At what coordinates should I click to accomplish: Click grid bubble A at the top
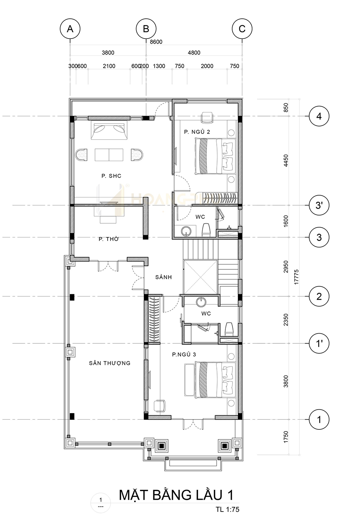70,29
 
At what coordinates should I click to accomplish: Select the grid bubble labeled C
242,29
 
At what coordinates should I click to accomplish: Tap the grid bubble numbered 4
319,116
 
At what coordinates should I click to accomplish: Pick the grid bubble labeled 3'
319,205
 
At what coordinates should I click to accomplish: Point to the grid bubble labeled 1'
319,343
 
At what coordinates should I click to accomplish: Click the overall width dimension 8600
156,42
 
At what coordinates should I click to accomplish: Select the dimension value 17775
296,277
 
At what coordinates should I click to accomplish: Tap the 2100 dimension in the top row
109,66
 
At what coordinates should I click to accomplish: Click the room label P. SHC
111,176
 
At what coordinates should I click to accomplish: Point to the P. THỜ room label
109,239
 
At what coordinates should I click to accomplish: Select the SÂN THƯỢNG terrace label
110,363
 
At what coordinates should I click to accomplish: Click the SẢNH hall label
163,277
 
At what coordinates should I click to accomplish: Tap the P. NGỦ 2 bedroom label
197,132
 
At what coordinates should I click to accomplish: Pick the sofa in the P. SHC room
109,130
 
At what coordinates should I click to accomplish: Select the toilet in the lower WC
229,329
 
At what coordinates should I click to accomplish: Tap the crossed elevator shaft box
201,277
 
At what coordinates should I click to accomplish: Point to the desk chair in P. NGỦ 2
207,117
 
